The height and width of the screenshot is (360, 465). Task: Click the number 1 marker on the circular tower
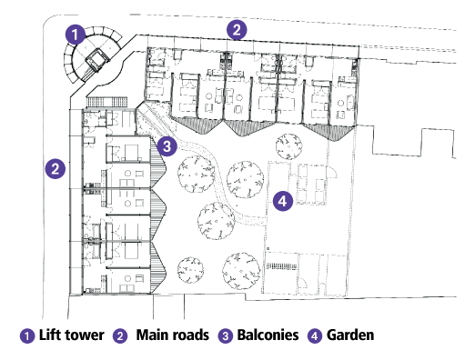point(76,35)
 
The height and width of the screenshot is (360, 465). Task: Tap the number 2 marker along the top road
point(237,30)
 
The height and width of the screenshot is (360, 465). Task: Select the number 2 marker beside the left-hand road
point(56,168)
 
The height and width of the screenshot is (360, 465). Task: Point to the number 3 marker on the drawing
point(167,146)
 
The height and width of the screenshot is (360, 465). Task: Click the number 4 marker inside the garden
point(283,201)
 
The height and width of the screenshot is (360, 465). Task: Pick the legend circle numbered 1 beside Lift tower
point(27,336)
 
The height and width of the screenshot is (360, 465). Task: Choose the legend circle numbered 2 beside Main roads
point(120,336)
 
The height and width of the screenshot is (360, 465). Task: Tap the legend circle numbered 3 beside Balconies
point(226,336)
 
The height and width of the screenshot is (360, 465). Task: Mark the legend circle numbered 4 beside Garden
point(315,336)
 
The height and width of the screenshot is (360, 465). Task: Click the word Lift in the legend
point(50,335)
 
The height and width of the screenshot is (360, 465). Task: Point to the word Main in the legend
point(151,335)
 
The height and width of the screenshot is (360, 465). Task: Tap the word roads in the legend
point(189,335)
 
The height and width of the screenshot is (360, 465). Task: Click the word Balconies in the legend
point(268,335)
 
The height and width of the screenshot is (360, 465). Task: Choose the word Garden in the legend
point(350,335)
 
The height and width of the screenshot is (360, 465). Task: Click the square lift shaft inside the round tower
point(97,60)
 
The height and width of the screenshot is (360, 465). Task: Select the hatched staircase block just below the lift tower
point(107,102)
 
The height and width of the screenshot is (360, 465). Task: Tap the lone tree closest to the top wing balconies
point(288,146)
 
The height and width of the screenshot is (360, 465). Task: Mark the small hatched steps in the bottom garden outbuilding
point(281,266)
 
